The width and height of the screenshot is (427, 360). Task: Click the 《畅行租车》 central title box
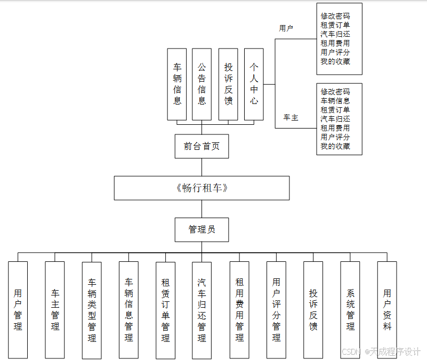pos(202,188)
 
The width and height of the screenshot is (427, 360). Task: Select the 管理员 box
pos(202,230)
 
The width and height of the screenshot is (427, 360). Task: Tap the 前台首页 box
pos(202,146)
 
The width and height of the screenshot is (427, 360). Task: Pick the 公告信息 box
pos(202,84)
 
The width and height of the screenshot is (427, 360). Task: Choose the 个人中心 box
pos(254,84)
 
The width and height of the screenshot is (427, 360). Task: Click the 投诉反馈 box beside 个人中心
pos(228,84)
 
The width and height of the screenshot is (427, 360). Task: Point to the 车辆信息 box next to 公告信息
pos(177,84)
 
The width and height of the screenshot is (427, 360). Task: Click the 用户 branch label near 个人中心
pos(286,28)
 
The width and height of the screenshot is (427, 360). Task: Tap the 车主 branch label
pos(291,117)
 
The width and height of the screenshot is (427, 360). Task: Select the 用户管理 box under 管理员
pos(18,309)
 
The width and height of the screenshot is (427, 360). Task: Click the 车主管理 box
pos(55,309)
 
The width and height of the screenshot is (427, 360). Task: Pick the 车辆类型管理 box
pos(92,309)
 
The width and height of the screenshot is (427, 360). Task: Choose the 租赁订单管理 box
pos(165,309)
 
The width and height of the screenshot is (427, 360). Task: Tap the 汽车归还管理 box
pos(202,309)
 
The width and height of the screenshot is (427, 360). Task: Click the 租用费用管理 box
pos(239,309)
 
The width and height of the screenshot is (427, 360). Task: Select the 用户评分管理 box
pos(276,309)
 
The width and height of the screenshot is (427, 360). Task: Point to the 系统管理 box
pos(350,309)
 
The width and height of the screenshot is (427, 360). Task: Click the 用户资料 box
pos(387,309)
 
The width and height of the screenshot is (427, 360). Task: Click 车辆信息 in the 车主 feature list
pos(335,101)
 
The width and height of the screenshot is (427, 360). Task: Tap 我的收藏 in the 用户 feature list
pos(335,62)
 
